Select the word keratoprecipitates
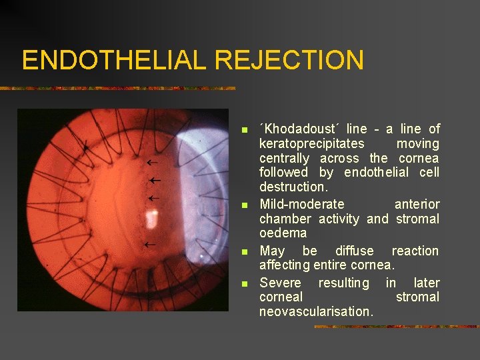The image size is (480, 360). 311,143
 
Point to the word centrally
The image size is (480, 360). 284,158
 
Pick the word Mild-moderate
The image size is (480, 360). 302,204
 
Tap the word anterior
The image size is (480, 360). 417,204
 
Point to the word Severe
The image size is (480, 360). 280,283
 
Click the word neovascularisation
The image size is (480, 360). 317,311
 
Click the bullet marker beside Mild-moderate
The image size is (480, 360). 245,205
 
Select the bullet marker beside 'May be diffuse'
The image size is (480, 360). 245,251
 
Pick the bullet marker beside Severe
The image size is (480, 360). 245,283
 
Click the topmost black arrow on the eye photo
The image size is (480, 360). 152,162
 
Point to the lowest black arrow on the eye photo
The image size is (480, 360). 150,245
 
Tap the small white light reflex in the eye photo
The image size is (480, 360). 153,217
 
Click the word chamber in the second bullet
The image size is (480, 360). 285,219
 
